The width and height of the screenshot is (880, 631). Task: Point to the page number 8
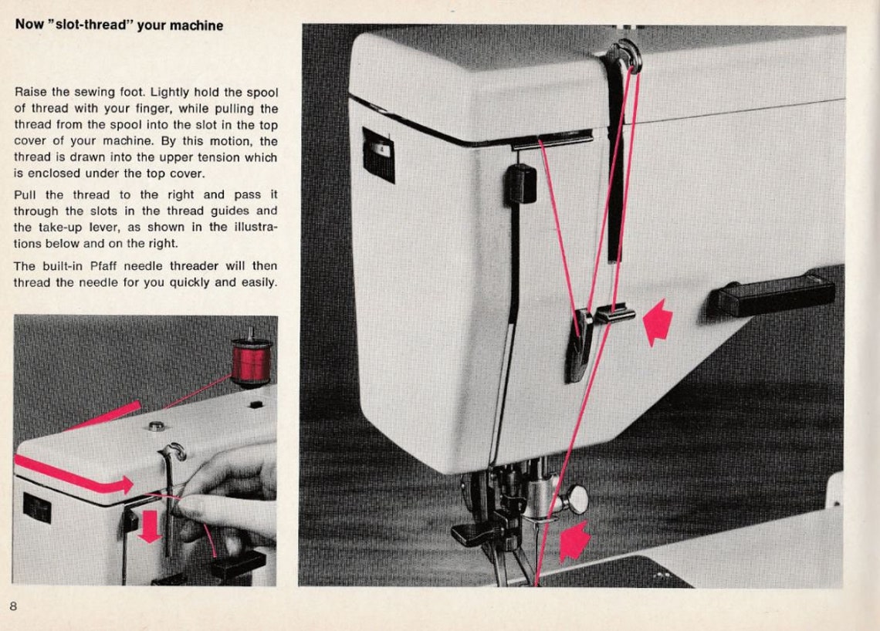[13, 606]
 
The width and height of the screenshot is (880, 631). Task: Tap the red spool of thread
[251, 361]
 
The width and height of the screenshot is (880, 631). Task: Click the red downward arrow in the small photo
[149, 525]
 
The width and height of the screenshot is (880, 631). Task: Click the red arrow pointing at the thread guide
[657, 322]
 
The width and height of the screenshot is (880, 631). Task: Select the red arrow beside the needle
[574, 541]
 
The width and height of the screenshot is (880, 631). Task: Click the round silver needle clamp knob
[575, 499]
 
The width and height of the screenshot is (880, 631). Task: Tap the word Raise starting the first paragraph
[31, 92]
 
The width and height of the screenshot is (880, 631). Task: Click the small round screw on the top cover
[156, 426]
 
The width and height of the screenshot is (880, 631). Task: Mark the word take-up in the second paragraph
[58, 227]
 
